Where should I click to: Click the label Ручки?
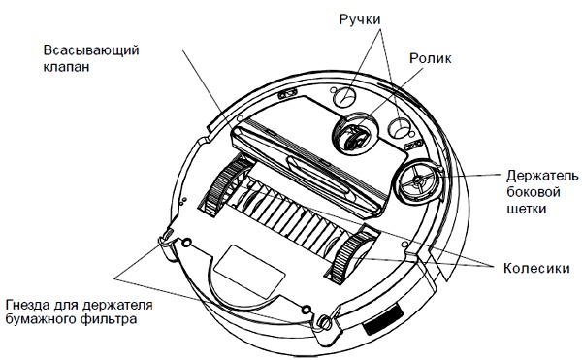tap(360, 19)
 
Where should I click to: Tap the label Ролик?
tap(431, 58)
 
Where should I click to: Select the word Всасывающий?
tap(91, 50)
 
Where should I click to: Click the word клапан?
tap(66, 67)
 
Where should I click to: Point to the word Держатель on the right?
tap(542, 176)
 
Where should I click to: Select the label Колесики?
tap(536, 268)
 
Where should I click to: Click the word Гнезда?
tap(27, 305)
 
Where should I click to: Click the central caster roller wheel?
tap(355, 135)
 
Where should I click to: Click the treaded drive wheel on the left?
tap(225, 185)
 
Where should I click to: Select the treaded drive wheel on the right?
tap(351, 257)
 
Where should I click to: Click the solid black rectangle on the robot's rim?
tap(383, 319)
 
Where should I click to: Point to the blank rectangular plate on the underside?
tap(250, 272)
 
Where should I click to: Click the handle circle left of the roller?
tap(344, 97)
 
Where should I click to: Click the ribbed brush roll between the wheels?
tap(288, 217)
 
